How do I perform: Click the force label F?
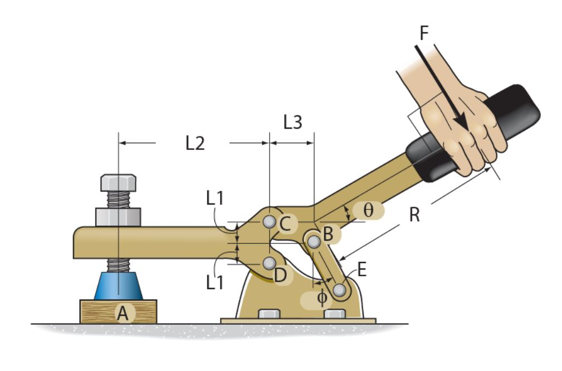(x=424, y=33)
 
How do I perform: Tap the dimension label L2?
(x=195, y=143)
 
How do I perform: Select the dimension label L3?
(x=292, y=122)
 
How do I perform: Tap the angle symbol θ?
(x=368, y=210)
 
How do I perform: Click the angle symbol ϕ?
(x=322, y=298)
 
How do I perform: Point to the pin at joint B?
(x=314, y=241)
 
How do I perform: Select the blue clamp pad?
(x=118, y=286)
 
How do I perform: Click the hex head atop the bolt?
(x=118, y=182)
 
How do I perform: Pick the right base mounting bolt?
(x=334, y=314)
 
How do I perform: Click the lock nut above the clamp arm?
(x=118, y=217)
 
